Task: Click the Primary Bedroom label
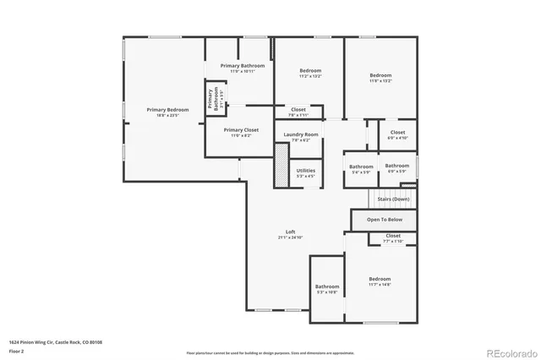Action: [x=167, y=110]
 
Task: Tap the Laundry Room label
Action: [x=301, y=134]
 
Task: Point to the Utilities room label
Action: [x=306, y=170]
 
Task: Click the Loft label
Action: [x=290, y=232]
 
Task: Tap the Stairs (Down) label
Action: [x=393, y=199]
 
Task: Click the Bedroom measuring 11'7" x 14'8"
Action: [x=380, y=279]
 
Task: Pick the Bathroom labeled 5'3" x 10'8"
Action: [x=327, y=286]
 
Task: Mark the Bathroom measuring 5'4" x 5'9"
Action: [x=361, y=166]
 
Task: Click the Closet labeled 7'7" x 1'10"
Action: [x=393, y=236]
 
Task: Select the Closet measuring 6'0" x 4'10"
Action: [x=397, y=132]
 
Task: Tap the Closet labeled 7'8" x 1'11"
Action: [x=298, y=109]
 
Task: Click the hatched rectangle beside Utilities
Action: [x=281, y=166]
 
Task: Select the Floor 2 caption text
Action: [x=16, y=350]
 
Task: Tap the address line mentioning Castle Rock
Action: [x=56, y=341]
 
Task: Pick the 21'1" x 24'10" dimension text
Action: [x=290, y=237]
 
